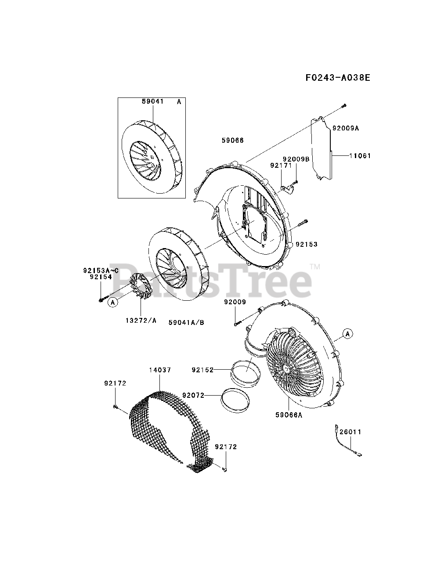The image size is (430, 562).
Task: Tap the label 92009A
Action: [346, 128]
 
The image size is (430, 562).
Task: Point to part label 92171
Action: [281, 166]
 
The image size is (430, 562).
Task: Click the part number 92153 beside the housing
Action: [307, 244]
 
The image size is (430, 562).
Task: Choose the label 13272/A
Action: [141, 321]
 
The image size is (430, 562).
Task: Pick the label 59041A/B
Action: [186, 322]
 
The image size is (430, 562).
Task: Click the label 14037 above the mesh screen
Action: [159, 370]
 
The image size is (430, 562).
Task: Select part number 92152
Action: [202, 370]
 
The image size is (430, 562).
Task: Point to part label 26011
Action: [351, 432]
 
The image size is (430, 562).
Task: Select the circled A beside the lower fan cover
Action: [348, 334]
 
